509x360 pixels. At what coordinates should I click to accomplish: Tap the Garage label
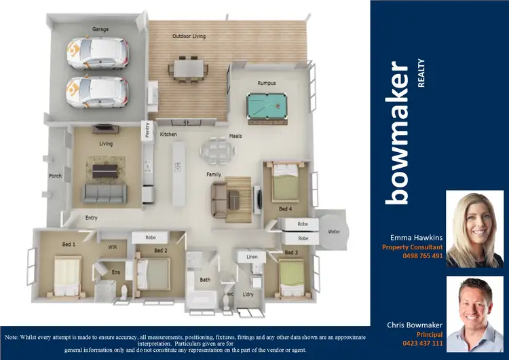(x=100, y=30)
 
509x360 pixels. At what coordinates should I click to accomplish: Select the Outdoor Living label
(x=189, y=36)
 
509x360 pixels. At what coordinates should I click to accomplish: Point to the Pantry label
(x=147, y=129)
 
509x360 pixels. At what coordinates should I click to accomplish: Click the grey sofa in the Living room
(x=105, y=194)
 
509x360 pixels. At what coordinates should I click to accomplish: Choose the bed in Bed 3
(x=290, y=276)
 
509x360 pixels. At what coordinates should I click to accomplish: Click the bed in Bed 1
(x=66, y=276)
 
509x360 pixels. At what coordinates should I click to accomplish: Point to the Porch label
(x=56, y=176)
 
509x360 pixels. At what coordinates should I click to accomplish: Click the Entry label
(x=90, y=218)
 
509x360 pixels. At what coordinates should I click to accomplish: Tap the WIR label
(x=113, y=248)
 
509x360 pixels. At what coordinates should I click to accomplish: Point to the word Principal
(x=430, y=334)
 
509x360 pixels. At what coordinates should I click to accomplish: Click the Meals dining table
(x=215, y=149)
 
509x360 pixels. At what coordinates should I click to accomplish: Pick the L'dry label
(x=247, y=295)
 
